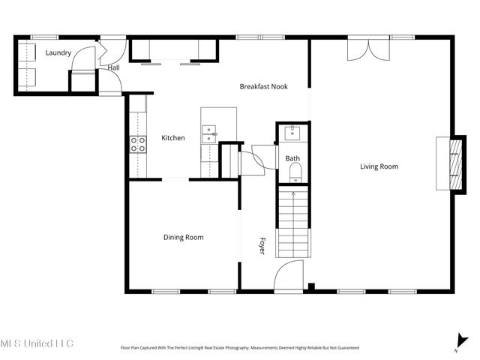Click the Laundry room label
[x=58, y=53]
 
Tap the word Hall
[x=113, y=67]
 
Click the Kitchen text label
[x=173, y=137]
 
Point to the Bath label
[x=292, y=158]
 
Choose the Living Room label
[x=379, y=166]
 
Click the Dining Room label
[x=184, y=237]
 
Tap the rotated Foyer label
[x=262, y=246]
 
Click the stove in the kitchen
[x=138, y=144]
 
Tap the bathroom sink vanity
[x=292, y=134]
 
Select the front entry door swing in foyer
[x=288, y=276]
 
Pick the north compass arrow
[x=459, y=341]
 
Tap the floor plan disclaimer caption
[x=240, y=348]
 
